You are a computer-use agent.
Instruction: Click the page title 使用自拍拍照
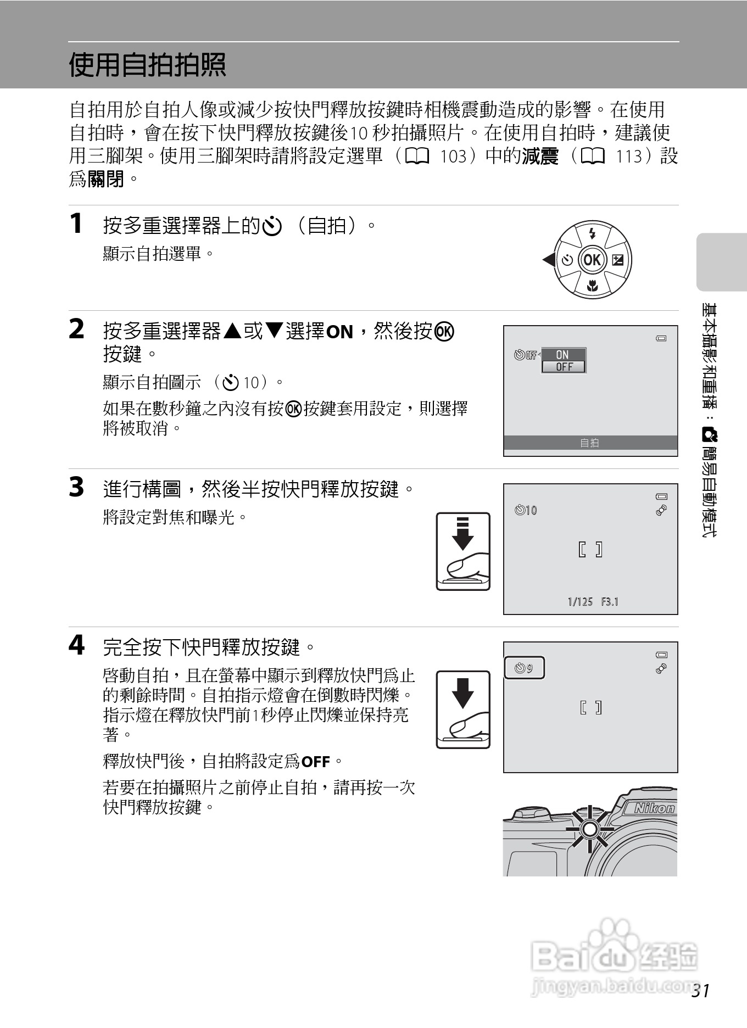(147, 65)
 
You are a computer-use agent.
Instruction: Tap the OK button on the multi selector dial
(592, 260)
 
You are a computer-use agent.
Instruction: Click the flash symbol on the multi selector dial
(592, 233)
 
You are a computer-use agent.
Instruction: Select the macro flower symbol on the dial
(592, 286)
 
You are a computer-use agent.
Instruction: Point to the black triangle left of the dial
(548, 260)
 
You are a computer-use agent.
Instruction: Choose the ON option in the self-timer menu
(563, 355)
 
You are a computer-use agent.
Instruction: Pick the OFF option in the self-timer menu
(564, 367)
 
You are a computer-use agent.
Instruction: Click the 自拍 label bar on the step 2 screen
(590, 443)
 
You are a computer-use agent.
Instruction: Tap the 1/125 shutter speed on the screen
(580, 602)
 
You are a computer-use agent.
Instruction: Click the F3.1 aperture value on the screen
(610, 602)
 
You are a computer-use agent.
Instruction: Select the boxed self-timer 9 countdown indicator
(524, 668)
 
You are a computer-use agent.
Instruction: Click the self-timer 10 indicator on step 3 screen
(526, 510)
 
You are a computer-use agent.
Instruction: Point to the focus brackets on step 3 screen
(590, 549)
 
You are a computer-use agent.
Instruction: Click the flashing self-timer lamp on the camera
(589, 829)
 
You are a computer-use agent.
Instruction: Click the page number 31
(701, 991)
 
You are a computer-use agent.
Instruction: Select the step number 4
(77, 645)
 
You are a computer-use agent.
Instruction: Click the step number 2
(77, 329)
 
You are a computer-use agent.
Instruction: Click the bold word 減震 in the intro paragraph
(540, 157)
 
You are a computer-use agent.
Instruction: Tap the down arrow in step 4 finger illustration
(462, 693)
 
